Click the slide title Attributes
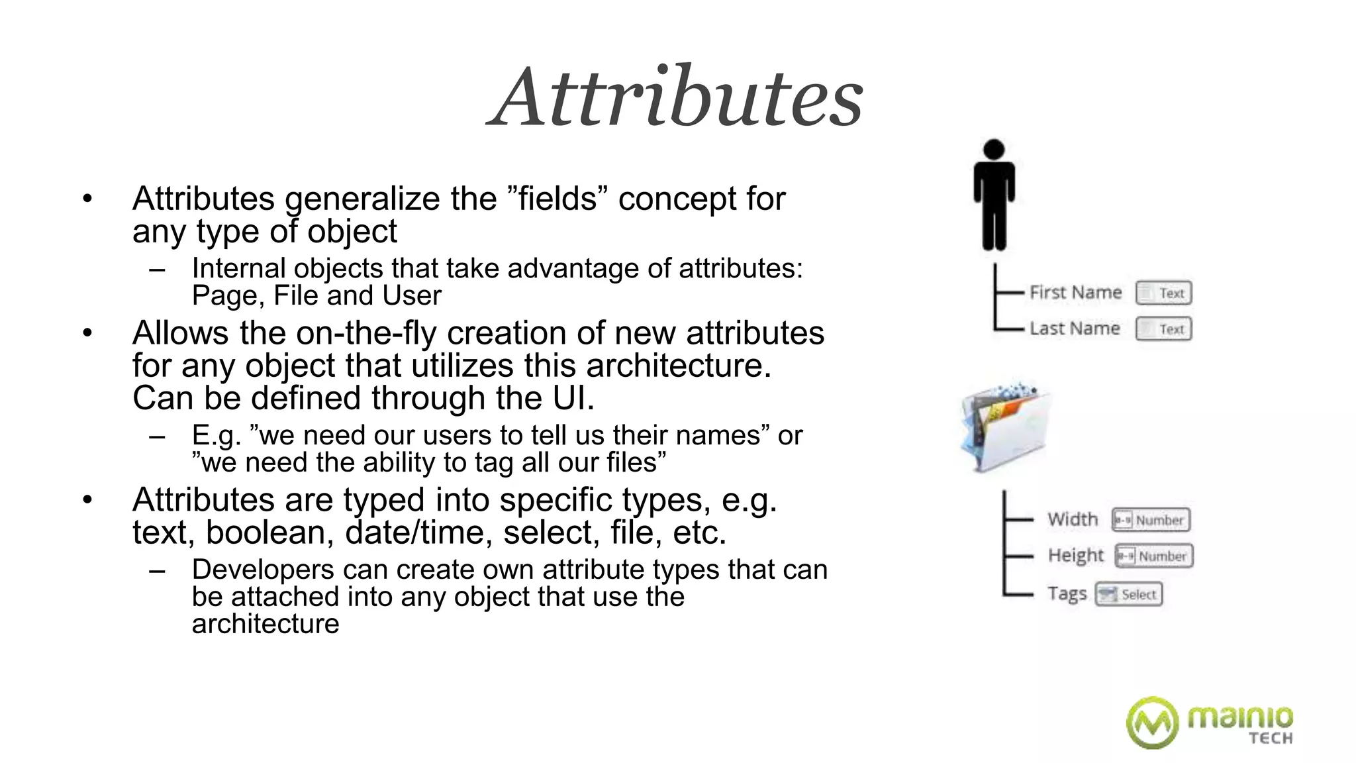(x=675, y=98)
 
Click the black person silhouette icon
(x=994, y=195)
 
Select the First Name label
(x=1075, y=292)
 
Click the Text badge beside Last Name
(x=1163, y=329)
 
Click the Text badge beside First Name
(x=1163, y=293)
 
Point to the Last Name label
(x=1074, y=329)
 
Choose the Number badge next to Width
(x=1151, y=520)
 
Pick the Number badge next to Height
(x=1153, y=556)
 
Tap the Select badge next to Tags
(x=1128, y=594)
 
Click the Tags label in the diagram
(x=1067, y=593)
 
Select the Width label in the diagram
(x=1072, y=519)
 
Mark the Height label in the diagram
(x=1075, y=555)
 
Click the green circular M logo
(x=1152, y=723)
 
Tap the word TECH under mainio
(x=1271, y=738)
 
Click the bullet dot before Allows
(x=87, y=333)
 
